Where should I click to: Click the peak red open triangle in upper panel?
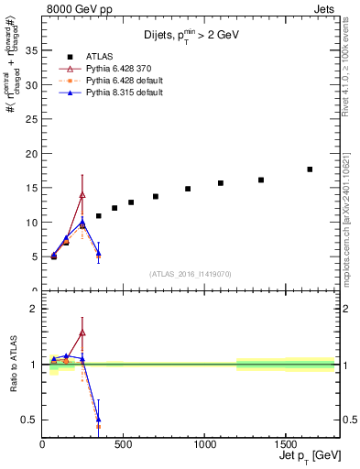pyautogui.click(x=82, y=194)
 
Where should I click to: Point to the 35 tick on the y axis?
pyautogui.click(x=35, y=50)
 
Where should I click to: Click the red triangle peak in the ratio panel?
pyautogui.click(x=82, y=333)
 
